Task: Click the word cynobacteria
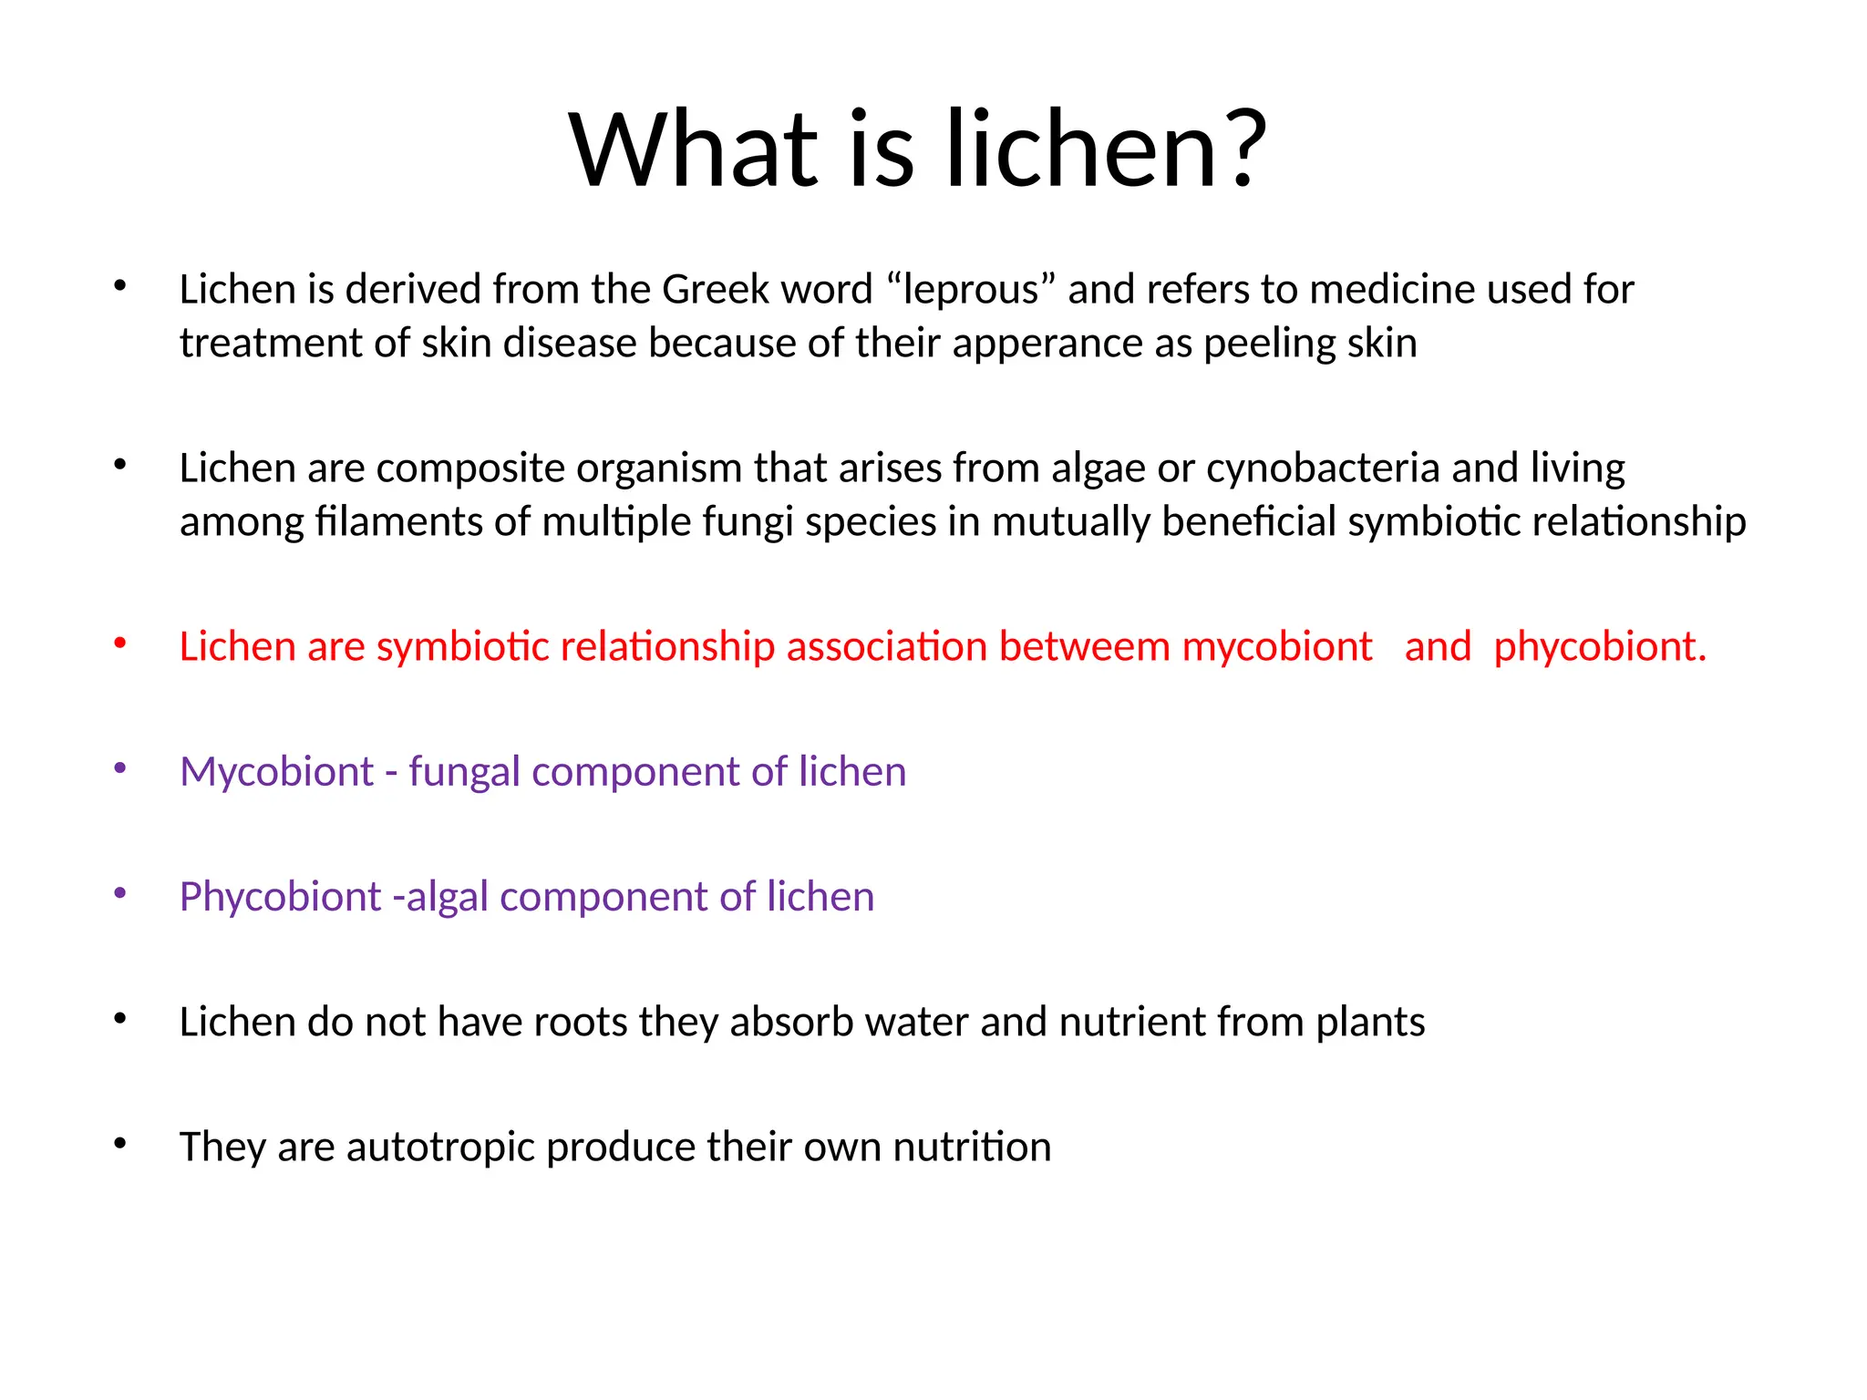(1323, 468)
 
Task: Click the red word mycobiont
(1277, 647)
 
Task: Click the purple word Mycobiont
(276, 772)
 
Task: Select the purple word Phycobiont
(280, 897)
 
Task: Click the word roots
(580, 1022)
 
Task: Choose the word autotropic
(439, 1148)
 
